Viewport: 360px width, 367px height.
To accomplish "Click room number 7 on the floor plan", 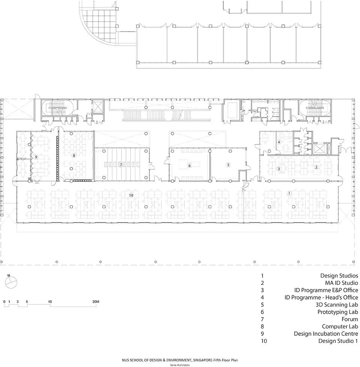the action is tap(121, 165).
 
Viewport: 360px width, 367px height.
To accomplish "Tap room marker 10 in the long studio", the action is tap(131, 195).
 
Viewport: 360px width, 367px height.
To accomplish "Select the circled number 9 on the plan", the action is tap(36, 157).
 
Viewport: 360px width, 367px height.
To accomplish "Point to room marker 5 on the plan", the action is tap(228, 165).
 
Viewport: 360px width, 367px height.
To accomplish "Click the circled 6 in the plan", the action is tap(190, 166).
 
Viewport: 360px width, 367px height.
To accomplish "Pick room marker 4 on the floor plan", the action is tap(279, 142).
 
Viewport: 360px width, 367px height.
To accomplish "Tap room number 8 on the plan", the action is tap(74, 156).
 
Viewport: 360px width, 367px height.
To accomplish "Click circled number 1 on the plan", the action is tap(289, 193).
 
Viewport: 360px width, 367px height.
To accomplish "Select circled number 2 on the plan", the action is tap(316, 167).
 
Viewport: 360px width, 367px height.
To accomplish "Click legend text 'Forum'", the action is tap(350, 319).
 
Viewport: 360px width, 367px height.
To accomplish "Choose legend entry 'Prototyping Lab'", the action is tap(338, 312).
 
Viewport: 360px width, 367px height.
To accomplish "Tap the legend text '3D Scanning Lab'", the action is tap(337, 305).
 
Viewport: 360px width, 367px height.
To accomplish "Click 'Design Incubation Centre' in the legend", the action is tap(326, 334).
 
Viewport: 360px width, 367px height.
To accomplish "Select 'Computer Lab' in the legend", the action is tap(340, 327).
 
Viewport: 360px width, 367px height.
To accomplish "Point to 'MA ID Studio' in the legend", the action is tap(342, 283).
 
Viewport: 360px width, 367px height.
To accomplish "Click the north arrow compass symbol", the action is tap(11, 282).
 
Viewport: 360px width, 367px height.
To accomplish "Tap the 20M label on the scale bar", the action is tap(96, 302).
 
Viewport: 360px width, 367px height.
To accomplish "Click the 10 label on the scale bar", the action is tap(50, 302).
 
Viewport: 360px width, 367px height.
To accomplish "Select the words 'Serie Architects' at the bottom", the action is tap(180, 365).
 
